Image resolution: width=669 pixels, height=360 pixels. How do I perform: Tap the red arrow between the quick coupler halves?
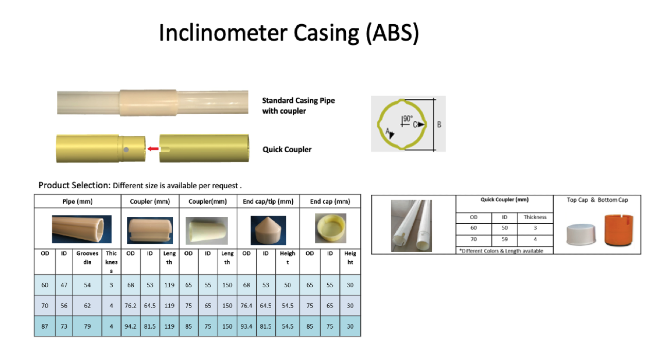pos(153,149)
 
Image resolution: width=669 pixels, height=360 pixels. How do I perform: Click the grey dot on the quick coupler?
pos(126,150)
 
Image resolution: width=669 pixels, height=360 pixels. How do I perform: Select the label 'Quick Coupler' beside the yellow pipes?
pos(287,149)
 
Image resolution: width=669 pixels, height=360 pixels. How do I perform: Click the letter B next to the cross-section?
pos(439,124)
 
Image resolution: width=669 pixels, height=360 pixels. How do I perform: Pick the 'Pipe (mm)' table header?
pos(77,202)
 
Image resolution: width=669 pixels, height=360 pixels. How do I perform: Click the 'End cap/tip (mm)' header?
pos(268,202)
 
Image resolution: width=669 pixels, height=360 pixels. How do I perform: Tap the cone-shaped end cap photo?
pos(268,230)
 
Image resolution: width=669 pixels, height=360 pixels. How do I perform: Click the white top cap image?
pos(581,235)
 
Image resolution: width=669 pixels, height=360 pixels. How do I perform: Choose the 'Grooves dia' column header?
pos(87,258)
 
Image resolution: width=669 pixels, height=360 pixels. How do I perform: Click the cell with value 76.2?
pos(131,305)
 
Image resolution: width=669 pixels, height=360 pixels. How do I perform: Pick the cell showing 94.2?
pos(131,327)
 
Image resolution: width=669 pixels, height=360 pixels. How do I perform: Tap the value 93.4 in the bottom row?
pos(247,327)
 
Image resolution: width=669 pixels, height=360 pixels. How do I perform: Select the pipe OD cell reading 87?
pos(45,327)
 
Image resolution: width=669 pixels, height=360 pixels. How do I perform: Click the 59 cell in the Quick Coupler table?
pos(504,239)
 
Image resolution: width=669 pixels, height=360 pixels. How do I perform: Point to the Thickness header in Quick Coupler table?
pos(535,217)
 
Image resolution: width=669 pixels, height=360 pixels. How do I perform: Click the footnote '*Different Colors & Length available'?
pos(501,251)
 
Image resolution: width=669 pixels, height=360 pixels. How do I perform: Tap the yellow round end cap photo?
pos(330,228)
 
